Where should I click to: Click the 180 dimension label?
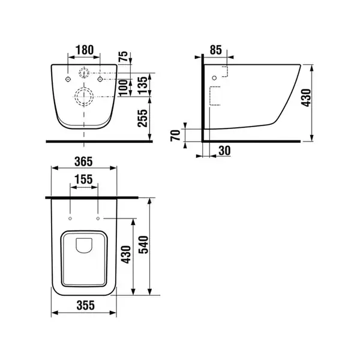pyautogui.click(x=85, y=50)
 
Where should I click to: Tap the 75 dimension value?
pyautogui.click(x=123, y=56)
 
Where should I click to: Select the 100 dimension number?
pyautogui.click(x=123, y=88)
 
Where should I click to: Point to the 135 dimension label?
pyautogui.click(x=142, y=85)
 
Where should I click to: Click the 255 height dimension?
pyautogui.click(x=142, y=118)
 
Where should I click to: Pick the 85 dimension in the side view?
pyautogui.click(x=216, y=50)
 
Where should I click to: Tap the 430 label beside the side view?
pyautogui.click(x=306, y=98)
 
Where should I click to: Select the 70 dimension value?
pyautogui.click(x=175, y=136)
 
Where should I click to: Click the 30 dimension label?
pyautogui.click(x=224, y=151)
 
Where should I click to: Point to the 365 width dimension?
pyautogui.click(x=83, y=161)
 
